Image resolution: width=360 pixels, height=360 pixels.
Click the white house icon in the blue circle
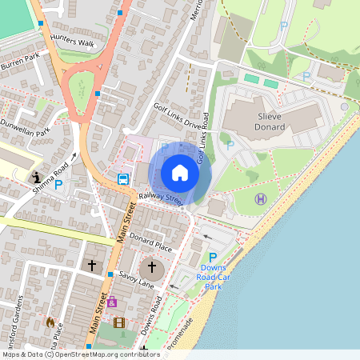(x=180, y=173)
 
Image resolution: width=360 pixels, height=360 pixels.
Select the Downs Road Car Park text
(x=213, y=276)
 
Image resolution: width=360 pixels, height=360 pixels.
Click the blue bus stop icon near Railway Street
(x=123, y=179)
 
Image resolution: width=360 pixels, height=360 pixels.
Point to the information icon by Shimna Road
(x=36, y=177)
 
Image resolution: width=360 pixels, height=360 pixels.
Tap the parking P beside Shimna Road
(x=58, y=183)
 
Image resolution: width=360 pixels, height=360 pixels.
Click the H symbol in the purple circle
(x=260, y=198)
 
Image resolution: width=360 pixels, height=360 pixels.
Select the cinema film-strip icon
(x=119, y=323)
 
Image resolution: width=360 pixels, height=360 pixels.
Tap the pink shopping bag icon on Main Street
(x=111, y=302)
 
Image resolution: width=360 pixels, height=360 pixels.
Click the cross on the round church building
(x=151, y=267)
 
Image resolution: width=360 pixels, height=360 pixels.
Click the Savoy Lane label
(x=136, y=275)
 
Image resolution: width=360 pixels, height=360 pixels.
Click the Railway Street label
(x=161, y=198)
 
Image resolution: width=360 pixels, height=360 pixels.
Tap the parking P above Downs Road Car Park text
(x=213, y=257)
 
